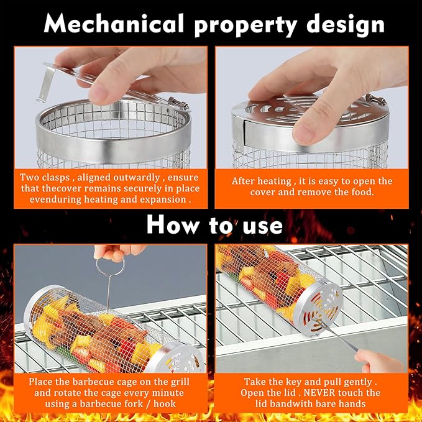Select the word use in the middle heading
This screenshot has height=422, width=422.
[x=261, y=225]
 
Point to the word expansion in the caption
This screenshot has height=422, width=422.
[x=167, y=201]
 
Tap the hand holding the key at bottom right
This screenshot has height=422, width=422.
[x=388, y=360]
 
